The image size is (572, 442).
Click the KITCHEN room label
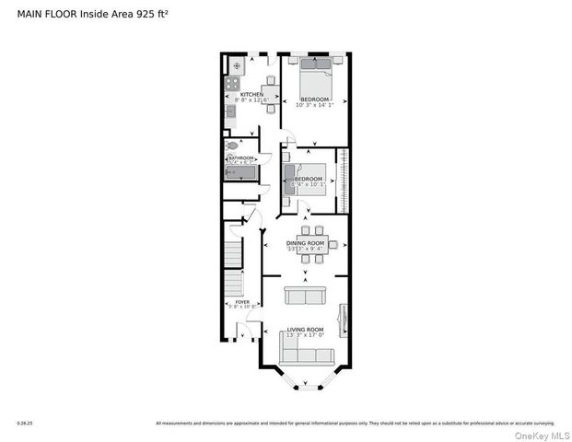tap(251, 95)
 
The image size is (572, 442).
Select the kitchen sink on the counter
tap(232, 115)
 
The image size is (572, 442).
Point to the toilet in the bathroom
tap(232, 145)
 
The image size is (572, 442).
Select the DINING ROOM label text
tap(307, 242)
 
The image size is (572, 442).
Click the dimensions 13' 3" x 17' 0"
tap(305, 335)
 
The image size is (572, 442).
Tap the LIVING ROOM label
tap(305, 329)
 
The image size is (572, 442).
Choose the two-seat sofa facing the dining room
tap(305, 296)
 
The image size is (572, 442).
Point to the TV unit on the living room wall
tap(344, 319)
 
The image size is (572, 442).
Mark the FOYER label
tap(242, 301)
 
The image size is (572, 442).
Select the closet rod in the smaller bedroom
tap(344, 180)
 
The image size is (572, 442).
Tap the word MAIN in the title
tap(31, 15)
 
